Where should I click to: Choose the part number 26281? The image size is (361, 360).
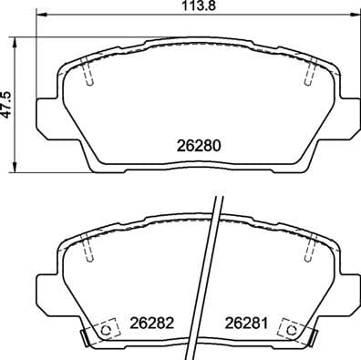click(246, 322)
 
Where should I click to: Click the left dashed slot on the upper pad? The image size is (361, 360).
click(88, 71)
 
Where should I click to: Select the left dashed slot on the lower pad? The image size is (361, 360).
click(88, 245)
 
